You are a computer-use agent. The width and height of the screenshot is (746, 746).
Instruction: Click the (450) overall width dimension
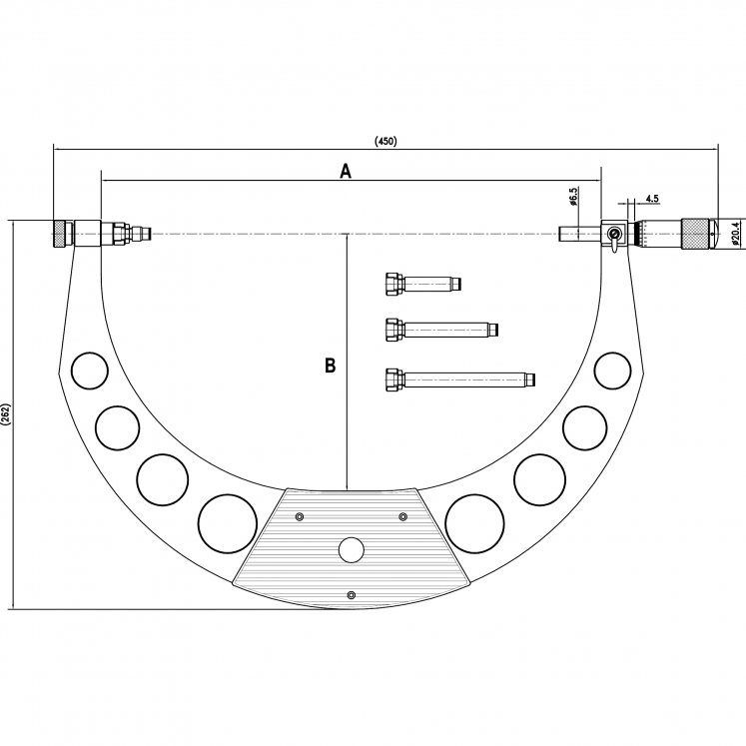coord(385,141)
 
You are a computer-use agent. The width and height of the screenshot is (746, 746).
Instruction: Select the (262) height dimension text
coord(6,414)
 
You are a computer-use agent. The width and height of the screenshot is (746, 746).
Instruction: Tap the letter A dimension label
coord(346,171)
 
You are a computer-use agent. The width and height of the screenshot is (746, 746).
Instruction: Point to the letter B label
coord(330,366)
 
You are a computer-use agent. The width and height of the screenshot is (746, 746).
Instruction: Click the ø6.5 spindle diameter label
coord(573,196)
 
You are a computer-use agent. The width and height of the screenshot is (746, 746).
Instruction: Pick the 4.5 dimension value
coord(651,199)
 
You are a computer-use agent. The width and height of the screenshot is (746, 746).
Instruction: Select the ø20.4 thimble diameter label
coord(735,233)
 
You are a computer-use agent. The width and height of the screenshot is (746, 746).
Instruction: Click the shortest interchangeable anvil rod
coord(420,285)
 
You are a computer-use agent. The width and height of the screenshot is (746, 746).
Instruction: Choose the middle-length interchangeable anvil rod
coord(440,329)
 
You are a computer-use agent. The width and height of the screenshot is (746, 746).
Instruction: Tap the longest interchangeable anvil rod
coord(459,378)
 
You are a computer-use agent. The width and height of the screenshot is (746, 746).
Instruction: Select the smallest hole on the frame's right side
coord(611,371)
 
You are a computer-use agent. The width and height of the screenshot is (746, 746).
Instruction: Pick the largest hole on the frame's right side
coord(473,521)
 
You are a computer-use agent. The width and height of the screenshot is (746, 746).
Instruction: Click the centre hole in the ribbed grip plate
coord(351,549)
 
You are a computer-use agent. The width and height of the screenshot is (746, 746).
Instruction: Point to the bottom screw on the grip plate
coord(351,596)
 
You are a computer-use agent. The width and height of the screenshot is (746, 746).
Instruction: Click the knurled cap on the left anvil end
coord(62,234)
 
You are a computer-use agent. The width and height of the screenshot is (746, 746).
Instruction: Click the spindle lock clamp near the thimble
coord(613,236)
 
